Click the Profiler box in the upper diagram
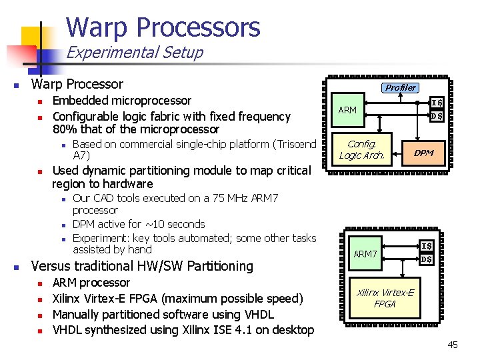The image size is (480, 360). pos(401,87)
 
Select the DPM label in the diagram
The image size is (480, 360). pos(423,153)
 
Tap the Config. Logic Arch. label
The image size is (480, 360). pos(362,149)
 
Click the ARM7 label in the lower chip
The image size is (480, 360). pos(365,254)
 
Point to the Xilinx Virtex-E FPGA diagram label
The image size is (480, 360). pos(385,298)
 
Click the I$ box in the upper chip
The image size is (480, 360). pos(437,103)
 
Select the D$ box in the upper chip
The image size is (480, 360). pos(437,116)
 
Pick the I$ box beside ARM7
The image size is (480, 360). pos(427,247)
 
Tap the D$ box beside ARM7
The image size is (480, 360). pos(427,259)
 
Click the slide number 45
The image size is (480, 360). pos(453,345)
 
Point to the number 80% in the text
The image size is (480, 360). pos(65,129)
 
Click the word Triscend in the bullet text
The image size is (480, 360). pos(292,144)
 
